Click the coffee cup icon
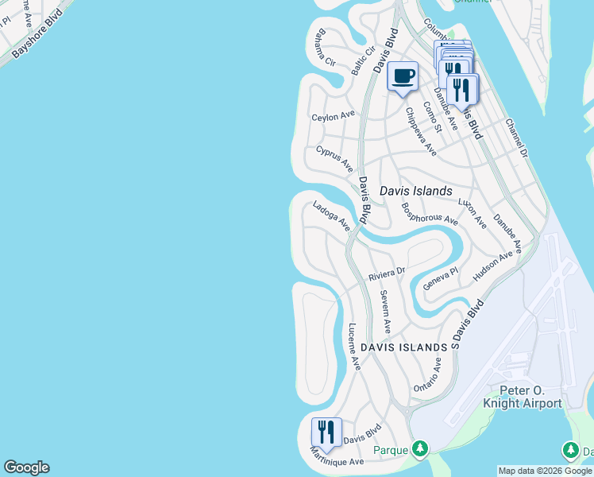[403, 76]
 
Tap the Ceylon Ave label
[333, 116]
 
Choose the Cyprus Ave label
[334, 158]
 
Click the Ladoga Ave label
[331, 216]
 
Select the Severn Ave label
[385, 312]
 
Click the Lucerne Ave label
[355, 346]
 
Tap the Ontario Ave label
[427, 374]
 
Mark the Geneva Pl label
[441, 278]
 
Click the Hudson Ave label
[493, 266]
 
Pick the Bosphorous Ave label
[430, 212]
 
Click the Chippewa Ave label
[421, 131]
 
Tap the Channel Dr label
[517, 137]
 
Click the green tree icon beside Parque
[420, 450]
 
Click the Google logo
[26, 467]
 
